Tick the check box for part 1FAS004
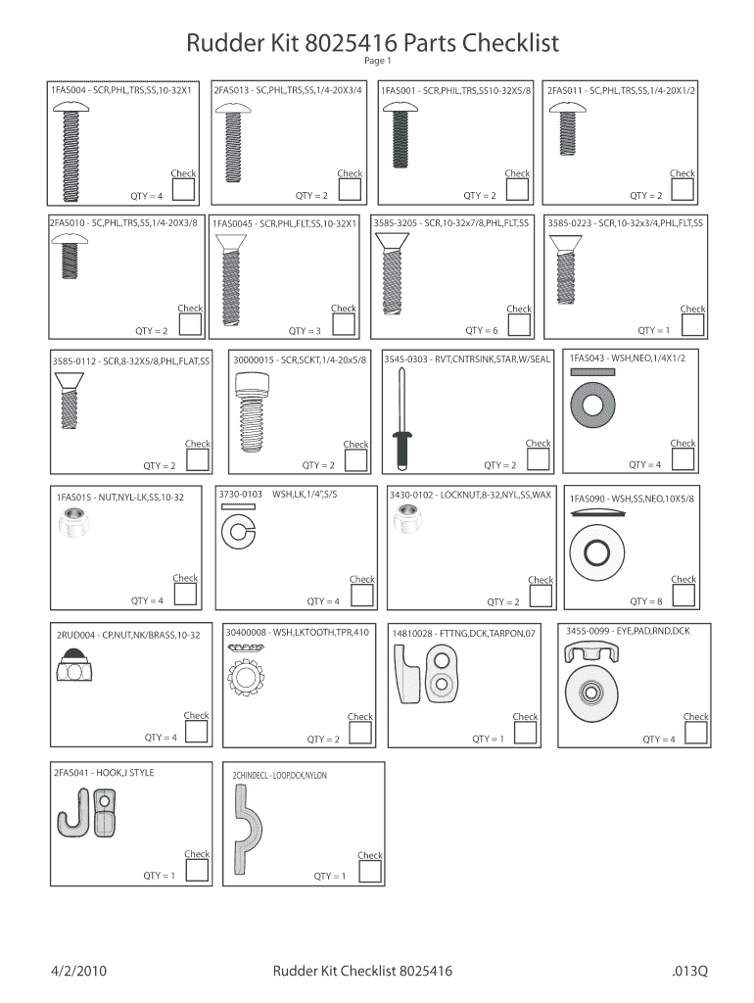click(x=183, y=189)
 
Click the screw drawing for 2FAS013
click(x=233, y=143)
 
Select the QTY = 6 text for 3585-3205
click(x=481, y=330)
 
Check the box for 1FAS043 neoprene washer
click(x=683, y=459)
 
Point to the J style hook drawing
click(x=87, y=812)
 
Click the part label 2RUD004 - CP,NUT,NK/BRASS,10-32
click(x=128, y=635)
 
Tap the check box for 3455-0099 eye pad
click(x=696, y=733)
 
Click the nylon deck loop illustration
click(x=247, y=830)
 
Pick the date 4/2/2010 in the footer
click(x=78, y=971)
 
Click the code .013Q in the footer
click(x=689, y=971)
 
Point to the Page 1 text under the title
click(x=377, y=61)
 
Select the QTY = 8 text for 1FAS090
click(x=646, y=601)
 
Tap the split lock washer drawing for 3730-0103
click(x=239, y=526)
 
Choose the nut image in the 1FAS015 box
click(x=73, y=522)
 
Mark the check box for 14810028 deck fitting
click(x=525, y=733)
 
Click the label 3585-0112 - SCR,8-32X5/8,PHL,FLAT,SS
click(x=131, y=361)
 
